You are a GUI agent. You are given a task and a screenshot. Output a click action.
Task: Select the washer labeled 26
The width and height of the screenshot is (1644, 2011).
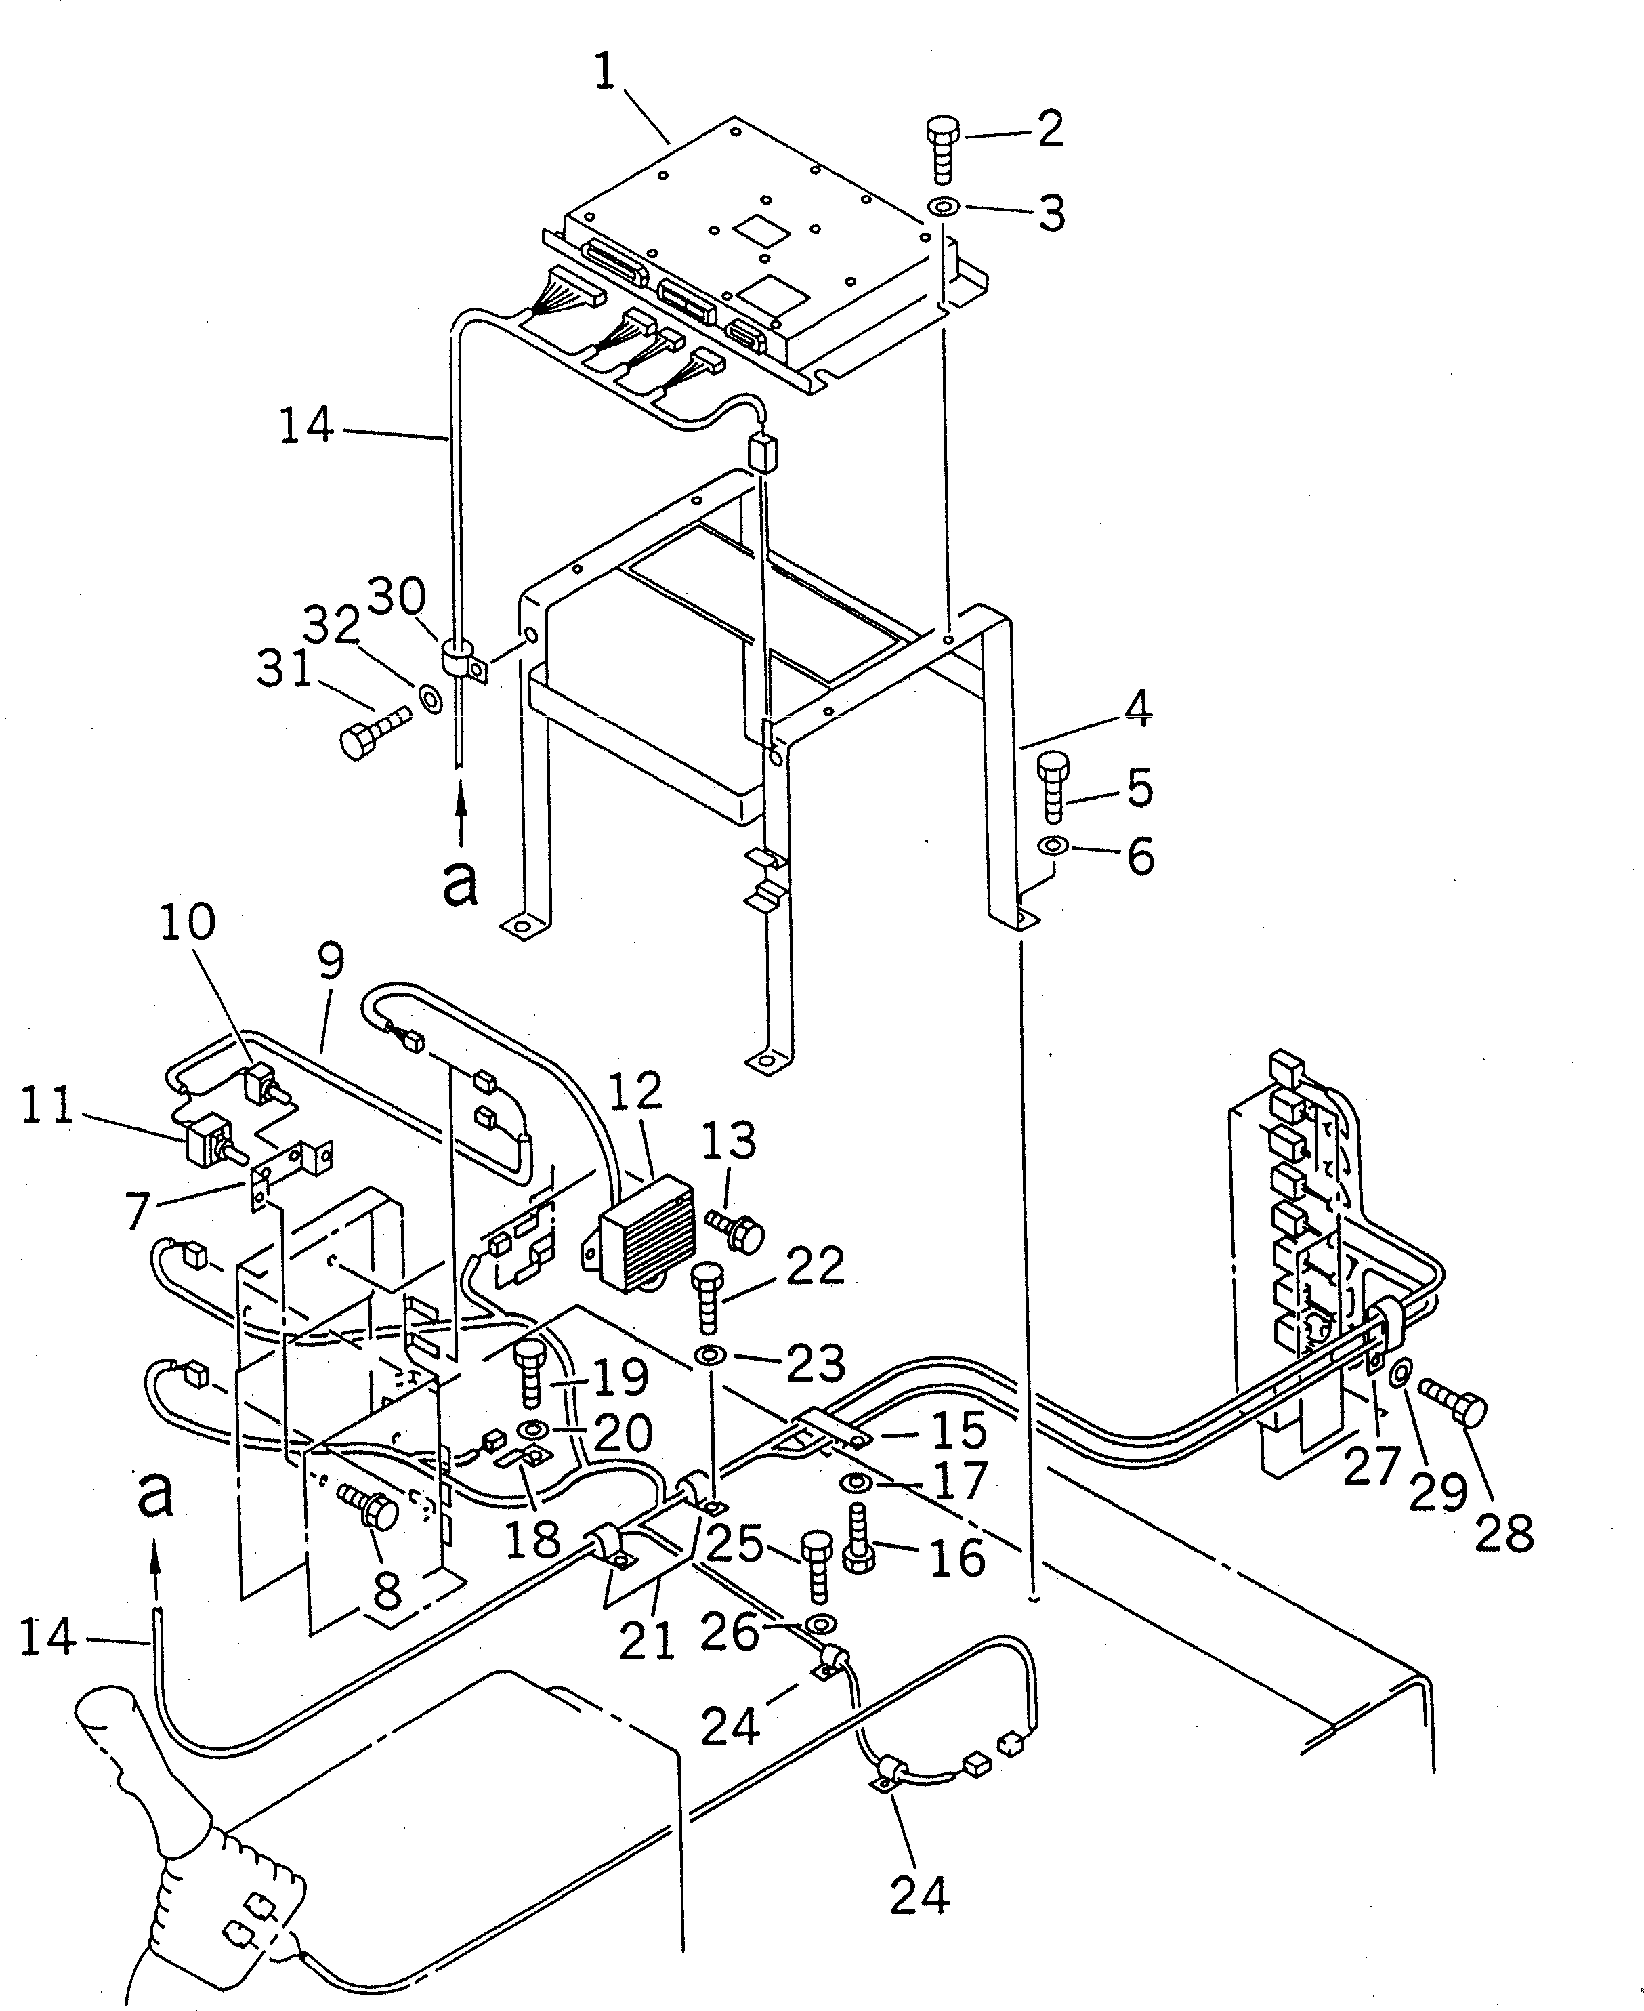click(819, 1625)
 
